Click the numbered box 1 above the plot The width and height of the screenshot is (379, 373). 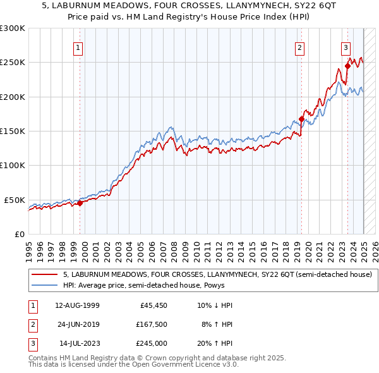point(77,47)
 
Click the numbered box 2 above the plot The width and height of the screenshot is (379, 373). point(299,47)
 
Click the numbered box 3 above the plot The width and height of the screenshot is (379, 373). point(346,47)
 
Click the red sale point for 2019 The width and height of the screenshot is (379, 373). point(302,119)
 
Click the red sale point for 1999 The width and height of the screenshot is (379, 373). point(80,203)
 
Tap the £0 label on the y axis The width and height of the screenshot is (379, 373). point(18,234)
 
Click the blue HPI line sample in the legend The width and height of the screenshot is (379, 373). point(45,285)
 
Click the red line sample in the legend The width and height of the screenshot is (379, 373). point(45,274)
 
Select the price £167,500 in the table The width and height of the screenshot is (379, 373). point(150,324)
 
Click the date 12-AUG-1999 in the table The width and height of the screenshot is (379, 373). point(77,305)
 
